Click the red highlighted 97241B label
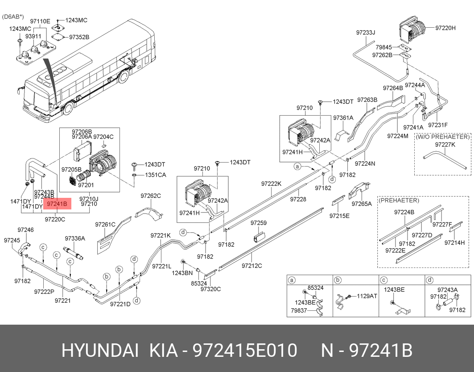pos(57,204)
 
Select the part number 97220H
pos(445,28)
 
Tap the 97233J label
pos(365,33)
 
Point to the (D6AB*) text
pos(14,17)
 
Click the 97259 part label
pos(258,223)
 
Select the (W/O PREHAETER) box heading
pos(442,137)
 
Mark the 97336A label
pos(74,238)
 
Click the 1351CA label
pos(155,175)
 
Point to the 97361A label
pos(343,118)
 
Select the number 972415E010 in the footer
pos(244,351)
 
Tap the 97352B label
pos(79,37)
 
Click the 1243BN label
pos(182,272)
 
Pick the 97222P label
pos(44,291)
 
